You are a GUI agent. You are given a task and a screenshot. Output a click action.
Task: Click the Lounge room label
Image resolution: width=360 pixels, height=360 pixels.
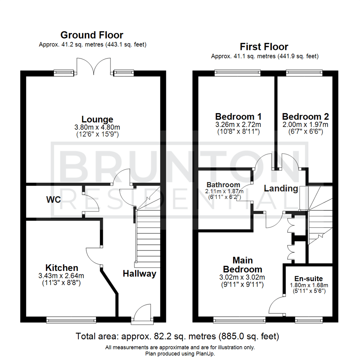[x=97, y=119]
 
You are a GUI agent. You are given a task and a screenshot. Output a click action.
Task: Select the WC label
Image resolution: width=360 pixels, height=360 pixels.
[x=53, y=200]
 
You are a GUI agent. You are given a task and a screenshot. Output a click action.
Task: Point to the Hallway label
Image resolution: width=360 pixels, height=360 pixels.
[x=139, y=274]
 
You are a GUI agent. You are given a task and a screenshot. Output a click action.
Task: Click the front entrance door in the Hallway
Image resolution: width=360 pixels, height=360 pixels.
[x=142, y=315]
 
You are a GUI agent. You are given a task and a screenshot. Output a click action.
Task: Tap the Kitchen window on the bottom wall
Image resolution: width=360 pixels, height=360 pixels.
[x=71, y=320]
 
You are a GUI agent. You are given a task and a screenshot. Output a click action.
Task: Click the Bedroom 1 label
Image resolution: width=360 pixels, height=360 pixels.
[x=238, y=117]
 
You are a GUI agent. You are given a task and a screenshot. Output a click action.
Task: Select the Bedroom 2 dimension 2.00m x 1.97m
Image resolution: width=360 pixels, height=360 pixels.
[x=305, y=125]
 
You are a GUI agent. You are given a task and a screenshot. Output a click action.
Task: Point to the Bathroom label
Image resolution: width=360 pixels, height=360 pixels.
[x=223, y=185]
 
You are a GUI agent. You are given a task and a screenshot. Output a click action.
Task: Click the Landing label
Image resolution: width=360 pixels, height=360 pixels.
[x=281, y=188]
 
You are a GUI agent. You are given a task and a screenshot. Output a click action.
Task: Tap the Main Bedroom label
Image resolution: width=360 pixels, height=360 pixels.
[x=243, y=265]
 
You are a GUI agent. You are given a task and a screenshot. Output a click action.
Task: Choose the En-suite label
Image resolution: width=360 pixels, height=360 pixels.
[x=308, y=279]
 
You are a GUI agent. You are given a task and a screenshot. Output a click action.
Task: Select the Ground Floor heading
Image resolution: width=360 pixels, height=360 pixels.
[x=92, y=35]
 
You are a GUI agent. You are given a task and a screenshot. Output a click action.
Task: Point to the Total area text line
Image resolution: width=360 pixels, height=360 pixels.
[x=177, y=336]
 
